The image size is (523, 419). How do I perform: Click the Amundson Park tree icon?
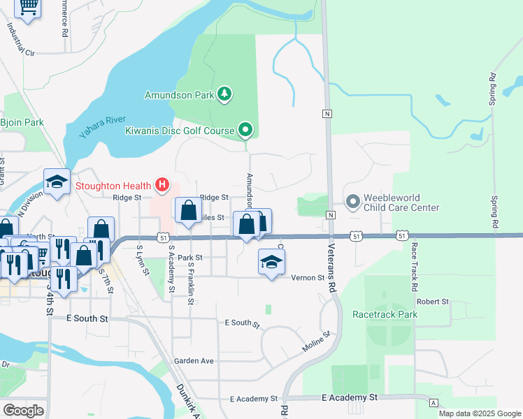click(224, 94)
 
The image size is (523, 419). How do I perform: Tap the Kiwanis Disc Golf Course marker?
click(245, 129)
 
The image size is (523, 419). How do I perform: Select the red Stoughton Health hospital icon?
click(162, 185)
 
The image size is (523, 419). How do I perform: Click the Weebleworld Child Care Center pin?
click(352, 203)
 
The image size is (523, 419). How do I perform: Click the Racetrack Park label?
click(385, 314)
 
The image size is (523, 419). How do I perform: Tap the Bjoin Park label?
click(22, 122)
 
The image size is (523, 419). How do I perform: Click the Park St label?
click(189, 258)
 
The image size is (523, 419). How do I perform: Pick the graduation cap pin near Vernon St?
click(271, 263)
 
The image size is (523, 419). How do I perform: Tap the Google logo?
click(23, 411)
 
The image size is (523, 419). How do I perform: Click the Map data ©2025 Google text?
click(479, 413)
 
